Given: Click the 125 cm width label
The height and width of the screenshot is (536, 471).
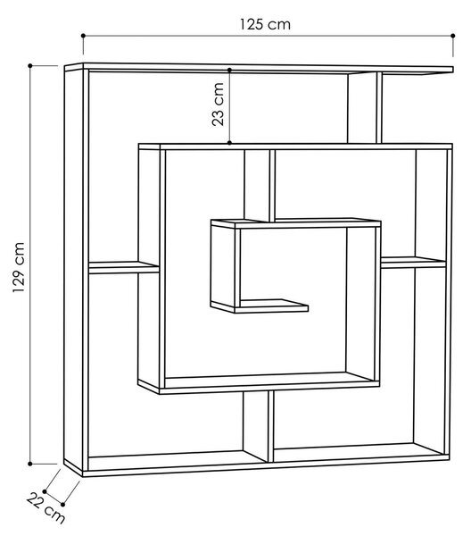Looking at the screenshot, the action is pyautogui.click(x=265, y=24).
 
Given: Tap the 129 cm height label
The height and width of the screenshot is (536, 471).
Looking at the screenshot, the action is pyautogui.click(x=19, y=267).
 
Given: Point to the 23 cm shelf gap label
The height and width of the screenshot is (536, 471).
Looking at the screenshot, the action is pyautogui.click(x=218, y=105).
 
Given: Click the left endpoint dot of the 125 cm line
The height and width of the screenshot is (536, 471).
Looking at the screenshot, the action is pyautogui.click(x=83, y=36).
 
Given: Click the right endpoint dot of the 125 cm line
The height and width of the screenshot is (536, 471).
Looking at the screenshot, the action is pyautogui.click(x=453, y=36).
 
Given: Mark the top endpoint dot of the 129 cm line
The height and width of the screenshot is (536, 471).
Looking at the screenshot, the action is pyautogui.click(x=30, y=65).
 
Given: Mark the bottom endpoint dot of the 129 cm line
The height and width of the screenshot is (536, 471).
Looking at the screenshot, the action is pyautogui.click(x=30, y=464).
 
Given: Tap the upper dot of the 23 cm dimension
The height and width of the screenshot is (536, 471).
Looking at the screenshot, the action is pyautogui.click(x=229, y=70).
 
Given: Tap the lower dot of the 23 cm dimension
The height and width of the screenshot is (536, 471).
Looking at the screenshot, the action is pyautogui.click(x=229, y=143).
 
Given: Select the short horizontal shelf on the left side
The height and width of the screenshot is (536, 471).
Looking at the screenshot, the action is pyautogui.click(x=124, y=268).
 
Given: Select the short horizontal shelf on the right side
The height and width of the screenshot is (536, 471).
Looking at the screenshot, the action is pyautogui.click(x=413, y=263).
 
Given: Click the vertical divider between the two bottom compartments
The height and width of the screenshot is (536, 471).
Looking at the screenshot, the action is pyautogui.click(x=270, y=427).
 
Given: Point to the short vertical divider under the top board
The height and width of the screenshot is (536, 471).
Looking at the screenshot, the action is pyautogui.click(x=379, y=108).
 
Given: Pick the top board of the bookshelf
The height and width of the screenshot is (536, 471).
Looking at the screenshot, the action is pyautogui.click(x=259, y=68).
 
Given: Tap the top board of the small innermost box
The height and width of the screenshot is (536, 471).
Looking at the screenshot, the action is pyautogui.click(x=296, y=223).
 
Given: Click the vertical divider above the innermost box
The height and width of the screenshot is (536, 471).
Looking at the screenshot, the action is pyautogui.click(x=272, y=186).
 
